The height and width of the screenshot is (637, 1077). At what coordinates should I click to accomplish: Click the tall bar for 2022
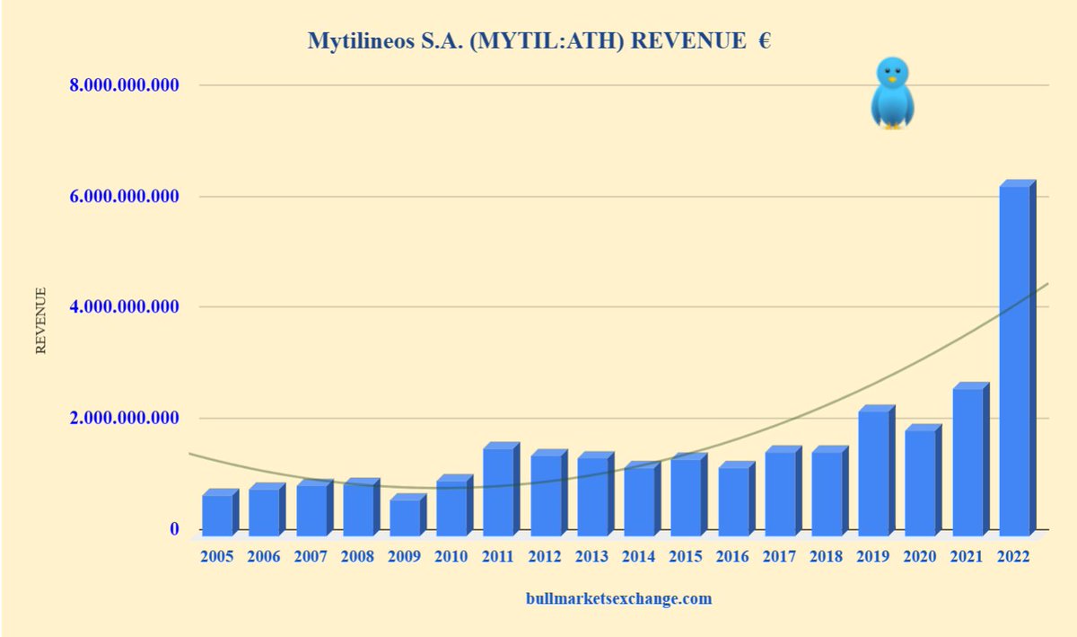click(x=1015, y=359)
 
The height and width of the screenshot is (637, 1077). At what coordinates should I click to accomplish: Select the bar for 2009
click(x=404, y=516)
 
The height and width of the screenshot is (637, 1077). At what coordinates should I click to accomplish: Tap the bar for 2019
click(x=874, y=473)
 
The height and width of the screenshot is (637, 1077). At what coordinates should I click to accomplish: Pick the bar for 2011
click(x=499, y=491)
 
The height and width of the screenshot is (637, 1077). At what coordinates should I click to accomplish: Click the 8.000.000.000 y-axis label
click(x=125, y=86)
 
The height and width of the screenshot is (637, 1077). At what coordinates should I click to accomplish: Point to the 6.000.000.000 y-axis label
click(x=125, y=197)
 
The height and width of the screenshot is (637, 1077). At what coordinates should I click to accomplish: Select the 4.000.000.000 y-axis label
click(x=125, y=308)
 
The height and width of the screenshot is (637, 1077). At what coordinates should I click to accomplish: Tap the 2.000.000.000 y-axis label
click(x=125, y=419)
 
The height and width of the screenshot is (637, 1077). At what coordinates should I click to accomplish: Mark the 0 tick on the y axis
click(x=174, y=529)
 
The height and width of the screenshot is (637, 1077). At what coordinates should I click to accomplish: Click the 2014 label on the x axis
click(x=638, y=557)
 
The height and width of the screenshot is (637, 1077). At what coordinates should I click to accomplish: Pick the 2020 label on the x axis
click(x=919, y=557)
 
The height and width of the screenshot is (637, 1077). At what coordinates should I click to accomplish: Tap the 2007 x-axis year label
click(x=311, y=557)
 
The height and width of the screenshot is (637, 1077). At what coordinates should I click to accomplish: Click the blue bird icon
click(x=892, y=93)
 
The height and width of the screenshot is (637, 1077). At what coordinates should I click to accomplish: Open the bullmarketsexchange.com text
click(x=618, y=598)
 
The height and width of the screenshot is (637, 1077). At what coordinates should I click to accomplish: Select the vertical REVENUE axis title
click(x=40, y=321)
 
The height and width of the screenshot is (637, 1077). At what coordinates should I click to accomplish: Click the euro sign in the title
click(x=764, y=41)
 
